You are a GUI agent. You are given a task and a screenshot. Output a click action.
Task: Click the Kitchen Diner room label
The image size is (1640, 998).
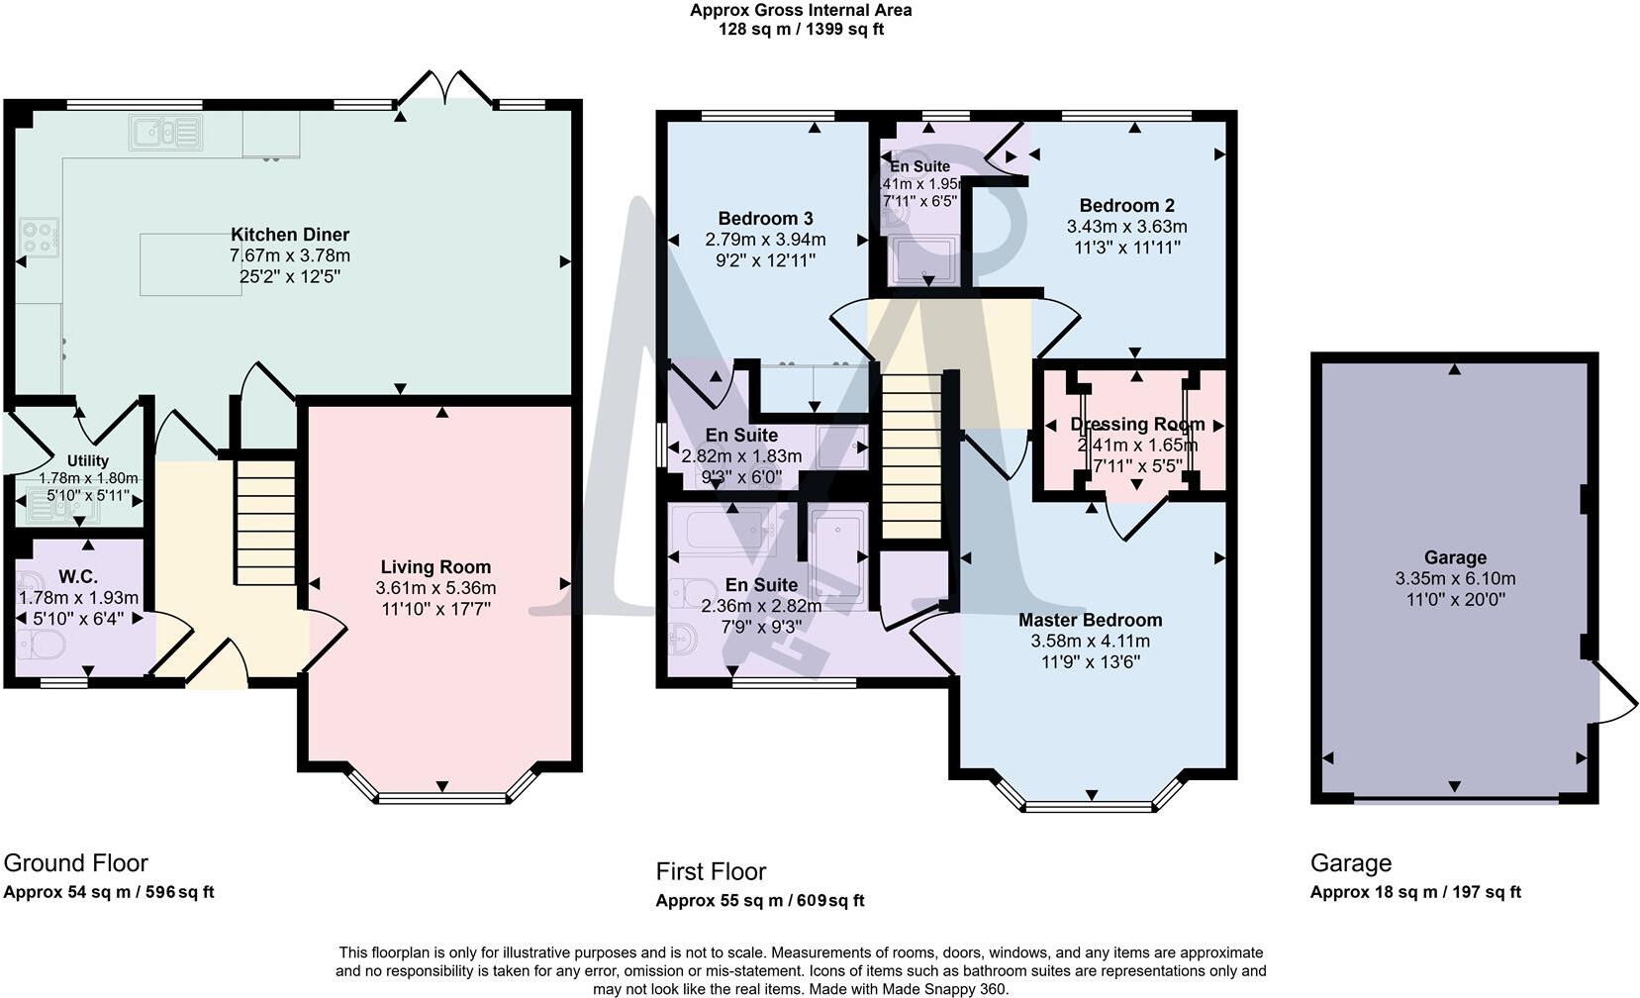tap(290, 235)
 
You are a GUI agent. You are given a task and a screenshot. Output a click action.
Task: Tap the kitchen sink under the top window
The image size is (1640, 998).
tap(165, 133)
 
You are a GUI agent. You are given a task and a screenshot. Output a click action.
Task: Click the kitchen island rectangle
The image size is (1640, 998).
tap(190, 264)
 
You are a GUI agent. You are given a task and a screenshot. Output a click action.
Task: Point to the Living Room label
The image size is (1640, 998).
tap(435, 566)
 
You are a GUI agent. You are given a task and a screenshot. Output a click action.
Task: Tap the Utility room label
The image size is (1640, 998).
tap(88, 460)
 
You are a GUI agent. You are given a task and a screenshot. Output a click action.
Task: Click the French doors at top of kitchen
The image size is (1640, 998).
tap(445, 90)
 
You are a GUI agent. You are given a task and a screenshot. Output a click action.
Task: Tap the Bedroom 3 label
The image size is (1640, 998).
tap(765, 218)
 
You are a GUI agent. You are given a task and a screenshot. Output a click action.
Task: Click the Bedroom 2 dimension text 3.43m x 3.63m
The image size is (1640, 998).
tap(1126, 226)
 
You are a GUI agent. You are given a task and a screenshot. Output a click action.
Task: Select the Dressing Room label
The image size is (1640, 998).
tap(1137, 424)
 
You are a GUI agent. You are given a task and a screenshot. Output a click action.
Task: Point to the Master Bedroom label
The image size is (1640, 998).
tap(1090, 620)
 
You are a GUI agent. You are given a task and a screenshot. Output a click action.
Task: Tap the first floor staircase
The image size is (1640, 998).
tap(912, 455)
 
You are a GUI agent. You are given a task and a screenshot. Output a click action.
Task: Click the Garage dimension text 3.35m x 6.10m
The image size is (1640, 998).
tap(1455, 578)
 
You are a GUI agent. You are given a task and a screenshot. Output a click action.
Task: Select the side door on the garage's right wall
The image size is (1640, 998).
tap(1608, 693)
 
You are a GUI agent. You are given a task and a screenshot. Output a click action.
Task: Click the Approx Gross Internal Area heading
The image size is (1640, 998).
tap(801, 11)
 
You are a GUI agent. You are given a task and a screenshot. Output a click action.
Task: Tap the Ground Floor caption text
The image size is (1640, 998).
tap(75, 862)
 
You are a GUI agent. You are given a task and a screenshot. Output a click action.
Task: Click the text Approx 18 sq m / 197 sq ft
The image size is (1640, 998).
tap(1414, 892)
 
